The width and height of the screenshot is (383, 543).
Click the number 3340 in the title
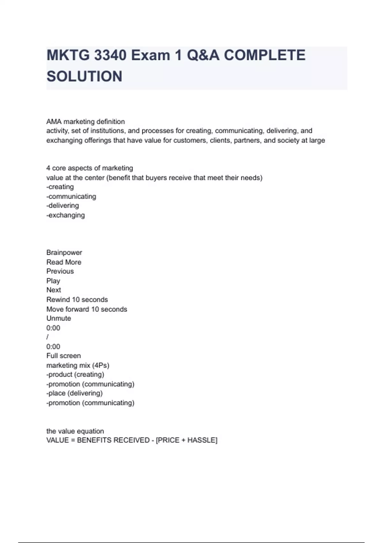pos(110,55)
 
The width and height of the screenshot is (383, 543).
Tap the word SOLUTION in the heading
pos(84,76)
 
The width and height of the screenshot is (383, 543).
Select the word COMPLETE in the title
pos(265,55)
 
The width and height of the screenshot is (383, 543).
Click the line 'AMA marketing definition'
pos(86,122)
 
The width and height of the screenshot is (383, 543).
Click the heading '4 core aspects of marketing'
pos(90,168)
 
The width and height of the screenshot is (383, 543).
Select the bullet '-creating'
pos(60,187)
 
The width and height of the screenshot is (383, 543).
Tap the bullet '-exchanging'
pos(65,215)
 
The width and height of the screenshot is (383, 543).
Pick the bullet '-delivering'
pos(63,206)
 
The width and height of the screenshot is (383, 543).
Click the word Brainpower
pos(64,253)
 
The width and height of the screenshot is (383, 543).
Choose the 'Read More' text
pos(64,262)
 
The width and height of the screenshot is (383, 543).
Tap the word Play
pos(53,281)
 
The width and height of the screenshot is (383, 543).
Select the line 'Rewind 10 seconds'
pos(77,300)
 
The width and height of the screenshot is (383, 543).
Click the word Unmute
pos(59,318)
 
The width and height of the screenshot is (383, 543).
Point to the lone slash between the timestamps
pos(48,337)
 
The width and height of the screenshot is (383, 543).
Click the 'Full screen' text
pos(64,356)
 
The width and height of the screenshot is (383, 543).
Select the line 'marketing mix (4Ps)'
pos(78,365)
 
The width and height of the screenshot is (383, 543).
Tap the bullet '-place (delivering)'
pos(74,394)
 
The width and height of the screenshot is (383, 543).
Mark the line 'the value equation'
pos(75,431)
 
